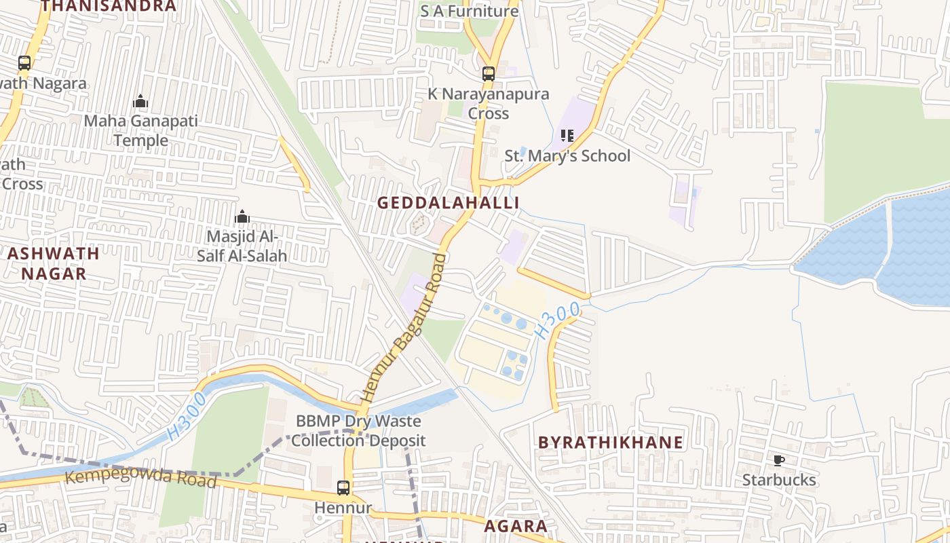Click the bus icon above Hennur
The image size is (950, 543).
343,487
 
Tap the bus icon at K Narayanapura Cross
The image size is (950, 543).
488,73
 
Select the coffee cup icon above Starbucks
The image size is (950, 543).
779,461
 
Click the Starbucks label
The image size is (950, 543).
778,480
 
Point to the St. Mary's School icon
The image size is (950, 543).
567,136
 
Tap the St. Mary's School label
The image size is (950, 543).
567,155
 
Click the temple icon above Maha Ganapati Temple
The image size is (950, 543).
140,102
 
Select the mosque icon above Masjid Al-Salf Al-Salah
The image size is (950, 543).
242,217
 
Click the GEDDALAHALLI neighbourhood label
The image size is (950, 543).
448,203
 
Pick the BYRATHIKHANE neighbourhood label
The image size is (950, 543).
611,443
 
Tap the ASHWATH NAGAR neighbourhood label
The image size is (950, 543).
54,263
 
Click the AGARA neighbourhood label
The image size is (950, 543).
516,526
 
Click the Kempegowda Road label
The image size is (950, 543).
140,478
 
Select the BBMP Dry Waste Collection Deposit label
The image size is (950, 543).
358,430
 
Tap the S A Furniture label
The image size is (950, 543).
469,11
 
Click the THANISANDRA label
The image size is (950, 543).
109,6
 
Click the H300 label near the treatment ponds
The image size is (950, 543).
557,321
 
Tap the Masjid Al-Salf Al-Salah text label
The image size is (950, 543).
242,246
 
